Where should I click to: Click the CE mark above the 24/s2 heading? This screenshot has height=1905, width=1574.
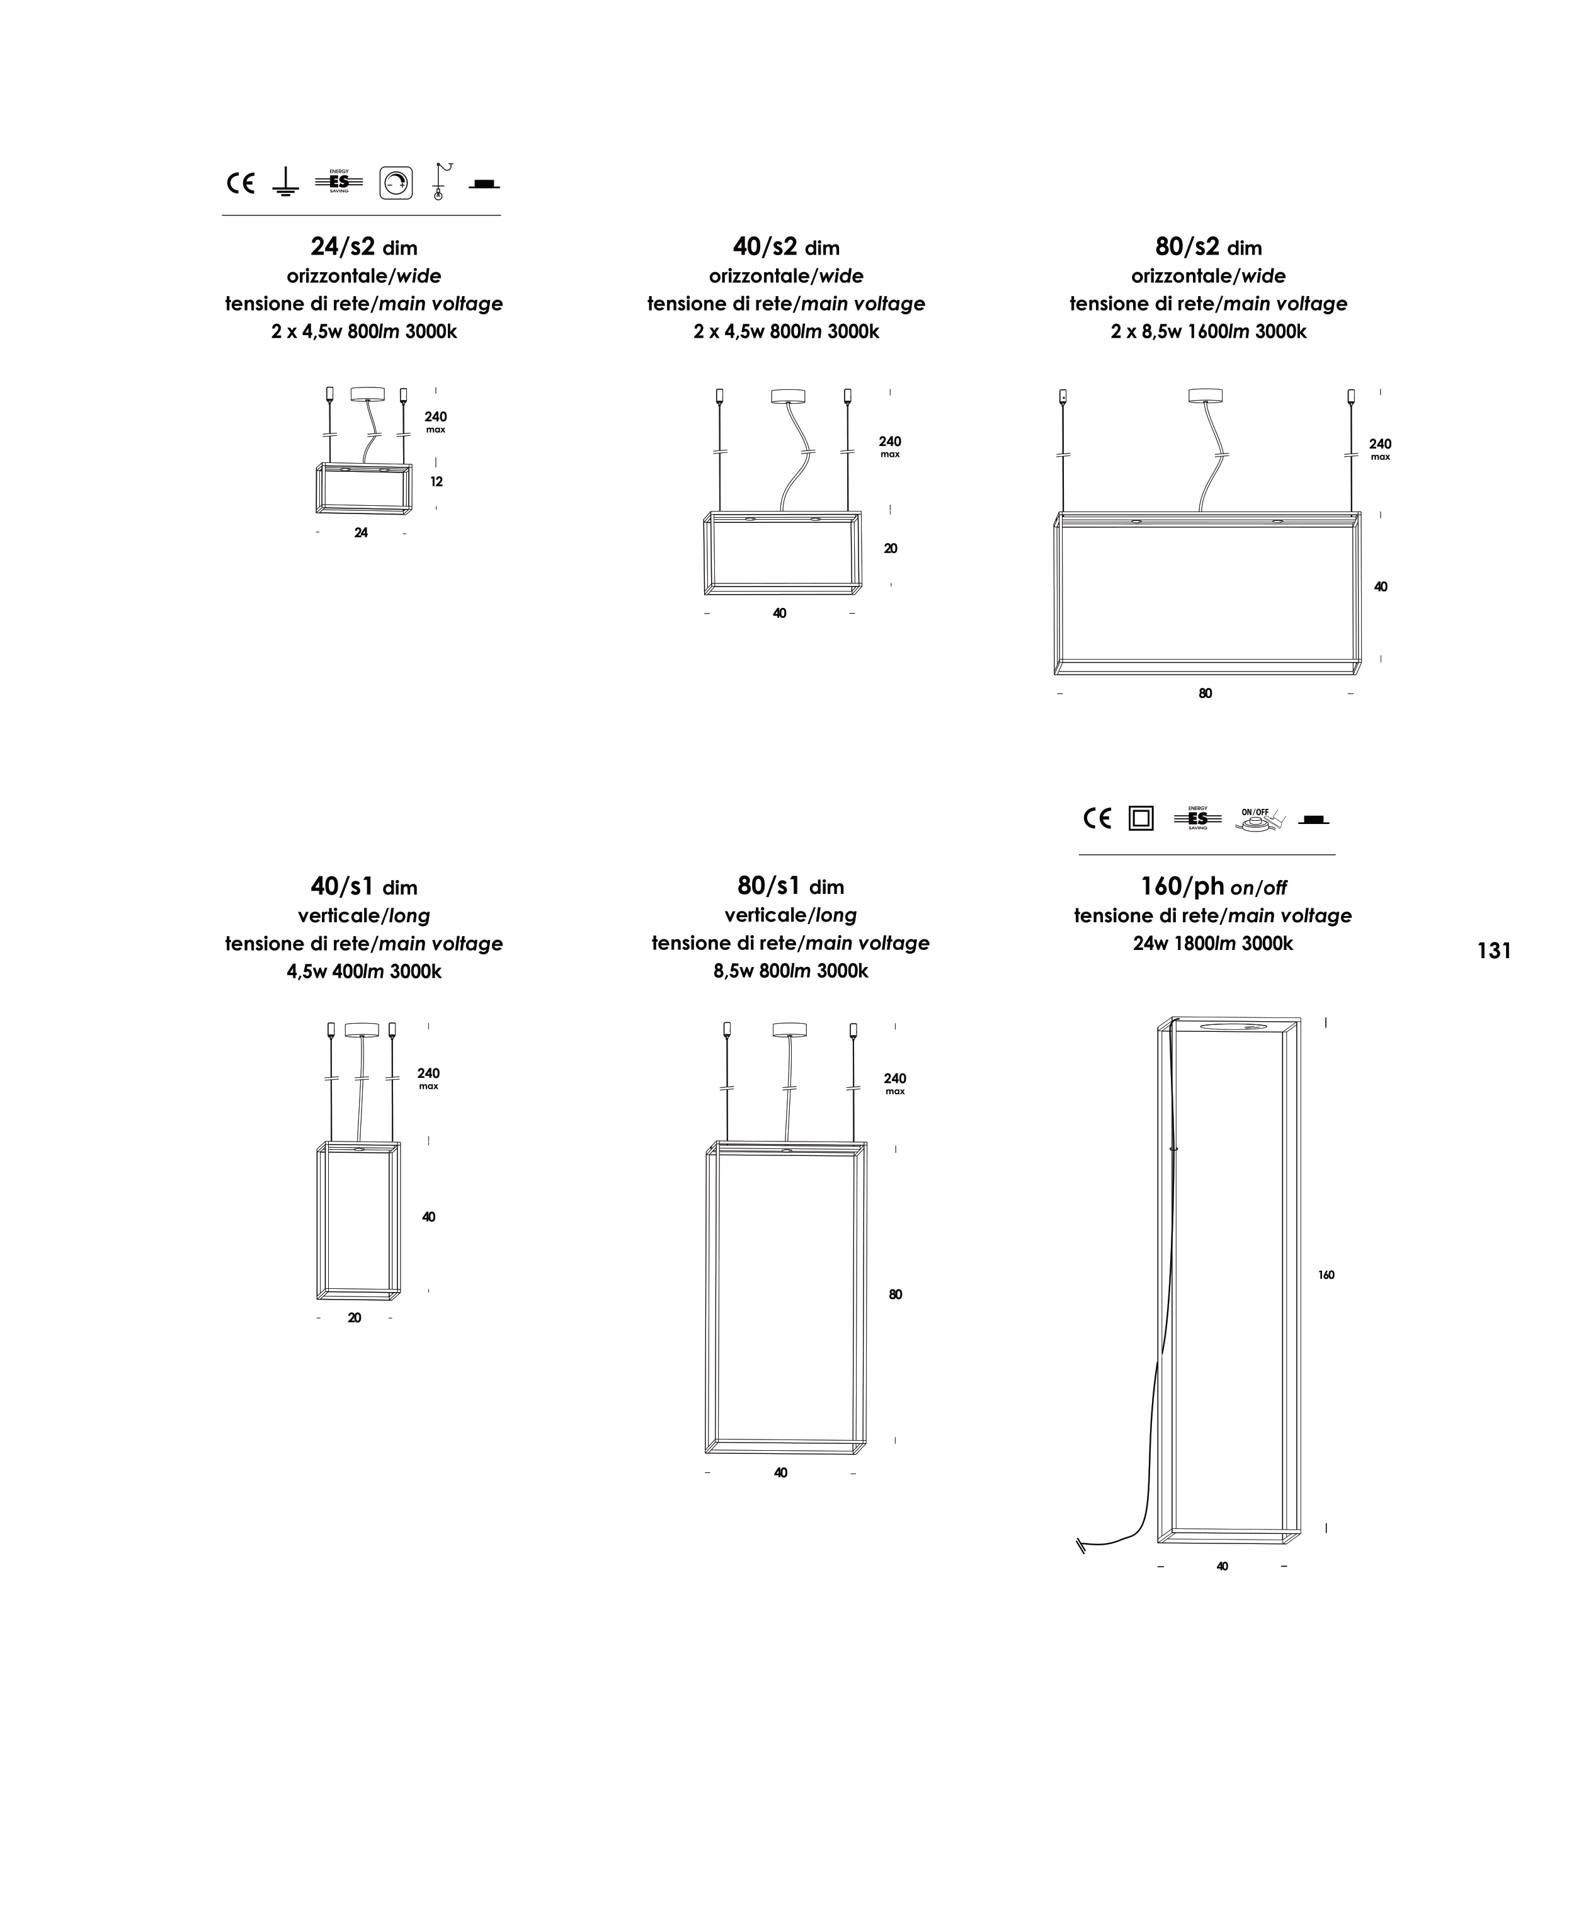pos(240,183)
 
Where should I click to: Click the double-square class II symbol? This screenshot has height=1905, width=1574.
pos(1141,818)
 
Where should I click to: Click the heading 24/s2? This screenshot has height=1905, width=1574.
pos(343,246)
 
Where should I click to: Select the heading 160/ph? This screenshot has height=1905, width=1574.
pos(1182,885)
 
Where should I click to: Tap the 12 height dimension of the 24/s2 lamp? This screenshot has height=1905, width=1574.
pos(436,481)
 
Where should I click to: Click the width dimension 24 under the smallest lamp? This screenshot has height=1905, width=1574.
pos(361,532)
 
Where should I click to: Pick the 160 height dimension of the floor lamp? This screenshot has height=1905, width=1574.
pos(1326,1275)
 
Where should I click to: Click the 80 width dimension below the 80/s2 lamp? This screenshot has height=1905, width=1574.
pos(1205,694)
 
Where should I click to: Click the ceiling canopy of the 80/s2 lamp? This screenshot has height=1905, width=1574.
pos(1205,396)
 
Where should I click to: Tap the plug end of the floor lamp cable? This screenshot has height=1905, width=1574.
pos(1081,1546)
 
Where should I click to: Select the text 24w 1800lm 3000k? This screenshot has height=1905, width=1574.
pos(1213,943)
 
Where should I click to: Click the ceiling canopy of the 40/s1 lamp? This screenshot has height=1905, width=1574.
pos(362,1029)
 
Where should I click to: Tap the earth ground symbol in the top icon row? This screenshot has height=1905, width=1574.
pos(285,182)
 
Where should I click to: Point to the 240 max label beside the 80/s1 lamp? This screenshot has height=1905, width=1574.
pos(895,1083)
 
